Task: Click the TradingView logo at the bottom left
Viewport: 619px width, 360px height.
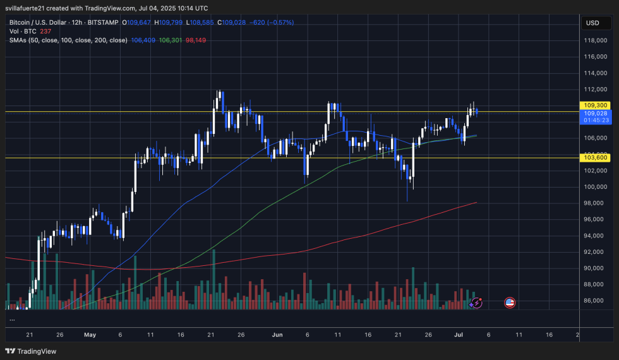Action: tap(31, 351)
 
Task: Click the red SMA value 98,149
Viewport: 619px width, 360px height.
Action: tap(195, 40)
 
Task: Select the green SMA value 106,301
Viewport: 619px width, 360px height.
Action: tap(170, 40)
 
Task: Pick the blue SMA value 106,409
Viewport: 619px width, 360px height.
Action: tap(143, 40)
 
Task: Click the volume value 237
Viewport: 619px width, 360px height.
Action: tap(45, 31)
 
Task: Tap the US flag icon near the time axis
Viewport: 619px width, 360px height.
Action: tap(510, 303)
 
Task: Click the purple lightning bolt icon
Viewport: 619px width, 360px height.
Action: tap(477, 303)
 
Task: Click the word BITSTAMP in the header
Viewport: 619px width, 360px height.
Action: tap(100, 22)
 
